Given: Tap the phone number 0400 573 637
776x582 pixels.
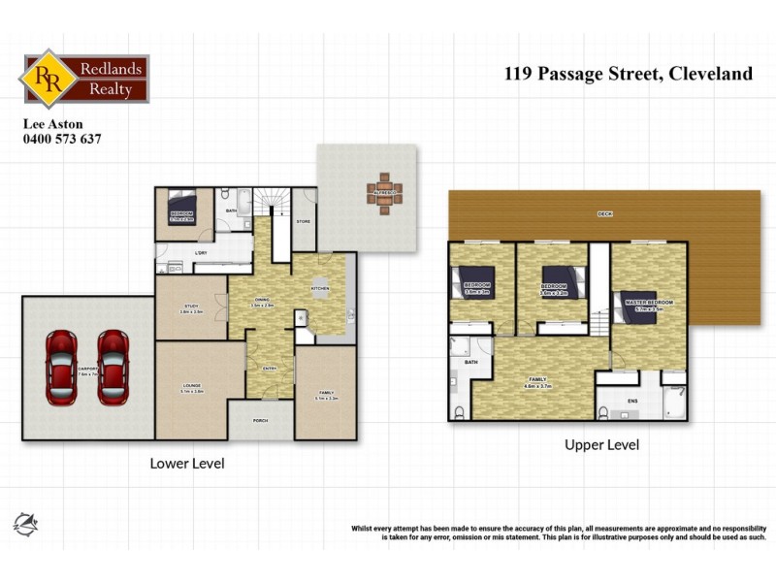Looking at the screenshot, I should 62,139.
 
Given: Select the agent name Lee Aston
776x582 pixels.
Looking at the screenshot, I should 53,123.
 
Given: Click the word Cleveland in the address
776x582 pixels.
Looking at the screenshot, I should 709,74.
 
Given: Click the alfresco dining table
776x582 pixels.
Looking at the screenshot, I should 382,191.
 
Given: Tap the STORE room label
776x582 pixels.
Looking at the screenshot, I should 303,222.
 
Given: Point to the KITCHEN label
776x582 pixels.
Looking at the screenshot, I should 320,289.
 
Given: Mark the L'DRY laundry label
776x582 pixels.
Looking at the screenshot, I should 202,254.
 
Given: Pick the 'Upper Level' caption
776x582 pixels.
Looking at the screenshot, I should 601,445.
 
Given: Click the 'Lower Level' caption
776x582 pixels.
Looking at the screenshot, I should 187,464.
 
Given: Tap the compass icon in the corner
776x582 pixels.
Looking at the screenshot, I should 25,524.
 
